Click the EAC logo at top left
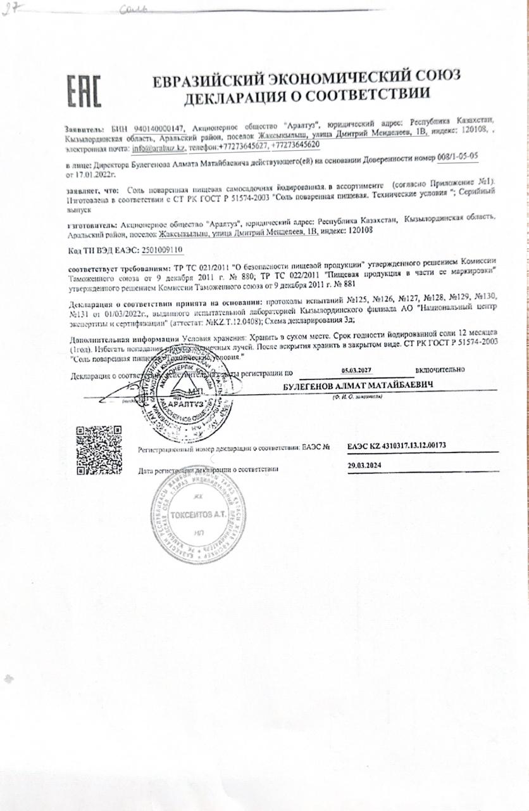pyautogui.click(x=84, y=93)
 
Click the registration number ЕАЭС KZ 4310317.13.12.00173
pyautogui.click(x=397, y=445)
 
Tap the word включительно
pyautogui.click(x=440, y=369)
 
